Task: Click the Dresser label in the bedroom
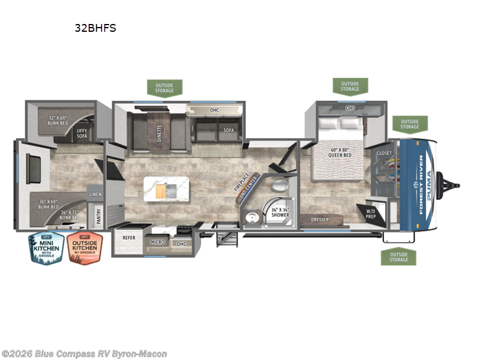(x=319, y=220)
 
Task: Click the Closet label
(x=384, y=154)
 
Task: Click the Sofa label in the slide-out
(x=229, y=130)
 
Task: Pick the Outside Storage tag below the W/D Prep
(x=398, y=257)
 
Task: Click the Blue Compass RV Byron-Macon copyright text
(x=84, y=354)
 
